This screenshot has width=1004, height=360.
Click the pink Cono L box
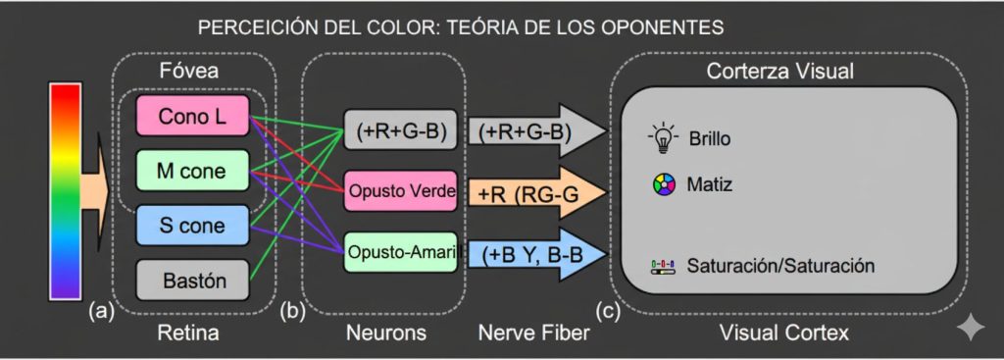191,117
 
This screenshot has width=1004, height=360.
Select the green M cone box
191,172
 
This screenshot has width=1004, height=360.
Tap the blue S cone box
191,226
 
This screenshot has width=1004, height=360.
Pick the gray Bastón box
191,281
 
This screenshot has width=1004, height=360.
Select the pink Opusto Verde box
400,191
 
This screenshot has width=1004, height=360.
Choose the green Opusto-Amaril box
400,252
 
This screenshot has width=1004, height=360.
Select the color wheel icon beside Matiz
664,183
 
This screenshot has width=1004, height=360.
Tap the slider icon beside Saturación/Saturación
664,266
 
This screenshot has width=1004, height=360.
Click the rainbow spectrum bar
65,190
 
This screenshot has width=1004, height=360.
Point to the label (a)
100,312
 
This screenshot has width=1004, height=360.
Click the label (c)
607,312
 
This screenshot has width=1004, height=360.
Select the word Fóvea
188,71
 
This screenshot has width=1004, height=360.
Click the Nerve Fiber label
534,334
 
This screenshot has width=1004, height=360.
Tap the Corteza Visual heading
780,71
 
